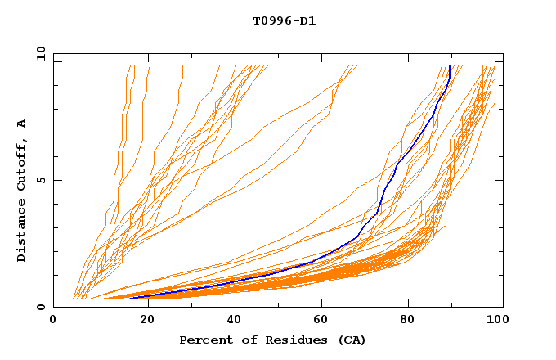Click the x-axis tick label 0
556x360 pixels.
click(x=53, y=320)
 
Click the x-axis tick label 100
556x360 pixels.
click(x=495, y=320)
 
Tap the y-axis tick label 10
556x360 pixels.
click(x=41, y=53)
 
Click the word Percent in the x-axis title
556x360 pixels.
click(x=204, y=340)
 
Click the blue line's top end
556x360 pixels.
click(x=450, y=67)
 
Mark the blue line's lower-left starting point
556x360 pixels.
click(x=131, y=299)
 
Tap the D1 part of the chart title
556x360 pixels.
click(x=307, y=20)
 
